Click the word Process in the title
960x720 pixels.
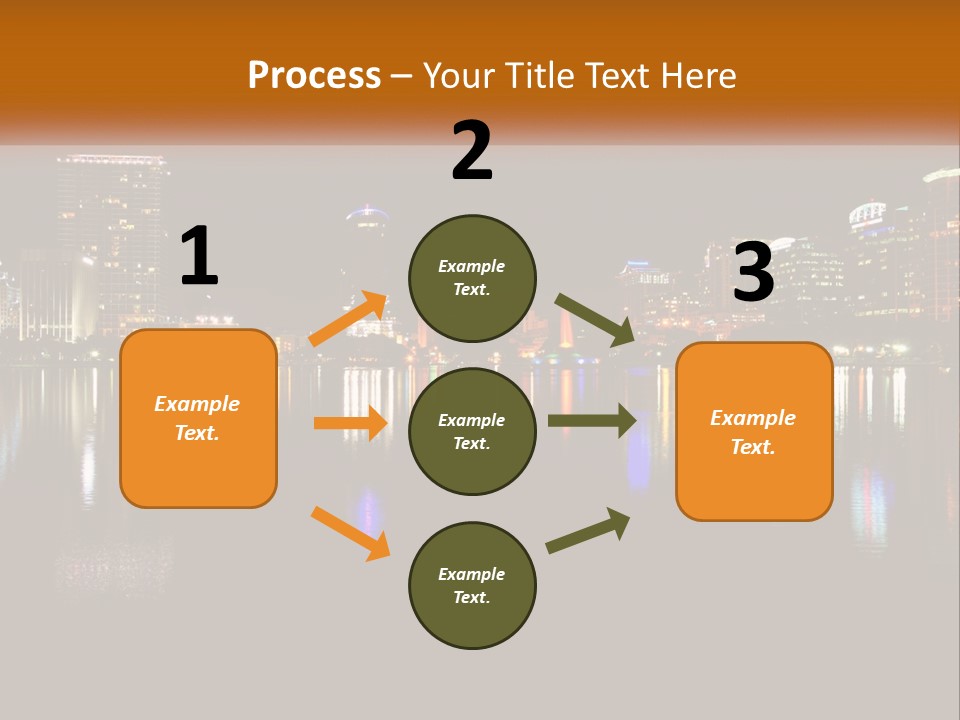(314, 75)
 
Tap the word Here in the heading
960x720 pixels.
(696, 75)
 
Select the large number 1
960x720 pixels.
(199, 257)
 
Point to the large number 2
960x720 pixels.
(472, 151)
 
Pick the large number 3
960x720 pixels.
(753, 273)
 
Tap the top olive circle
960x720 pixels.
(472, 278)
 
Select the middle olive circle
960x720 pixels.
(472, 431)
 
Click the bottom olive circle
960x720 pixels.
(472, 585)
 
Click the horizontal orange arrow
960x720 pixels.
(350, 423)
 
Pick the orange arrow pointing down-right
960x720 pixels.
(350, 533)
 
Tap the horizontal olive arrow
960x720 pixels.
(592, 421)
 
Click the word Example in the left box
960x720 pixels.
(197, 404)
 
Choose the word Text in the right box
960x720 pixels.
(752, 447)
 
